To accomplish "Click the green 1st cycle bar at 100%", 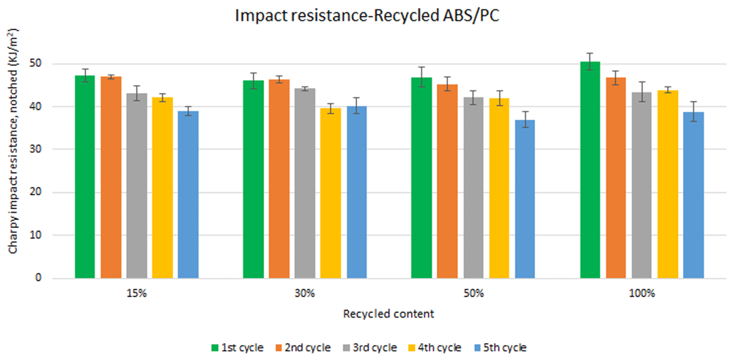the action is [x=590, y=169].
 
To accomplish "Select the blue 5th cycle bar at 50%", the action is [x=525, y=199].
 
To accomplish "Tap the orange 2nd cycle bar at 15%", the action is [x=111, y=177].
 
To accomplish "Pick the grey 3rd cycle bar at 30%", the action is [x=305, y=183].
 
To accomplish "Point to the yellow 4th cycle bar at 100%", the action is [x=668, y=184].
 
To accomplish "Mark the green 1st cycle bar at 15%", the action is [x=84, y=177].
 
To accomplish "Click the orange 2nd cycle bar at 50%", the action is [x=447, y=181].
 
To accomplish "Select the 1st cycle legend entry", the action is [x=237, y=348].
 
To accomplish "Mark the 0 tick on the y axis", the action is [x=45, y=278].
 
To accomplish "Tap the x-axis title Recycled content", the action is [x=389, y=314].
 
